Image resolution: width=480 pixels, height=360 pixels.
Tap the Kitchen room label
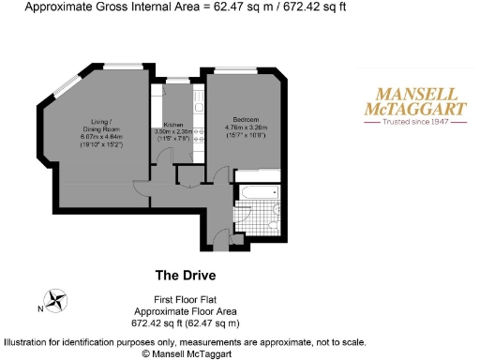173,124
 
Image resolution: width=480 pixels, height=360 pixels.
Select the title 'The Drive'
185,276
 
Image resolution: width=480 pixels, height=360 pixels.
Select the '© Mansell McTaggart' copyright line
185,354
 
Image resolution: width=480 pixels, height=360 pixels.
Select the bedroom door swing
221,169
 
